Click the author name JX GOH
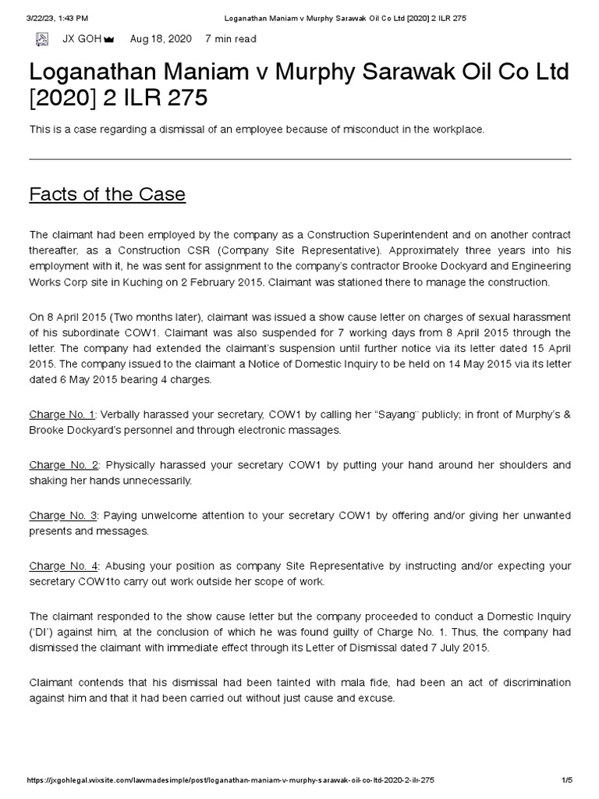point(76,38)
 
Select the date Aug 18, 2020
point(161,38)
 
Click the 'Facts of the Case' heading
point(107,194)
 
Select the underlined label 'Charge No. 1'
point(62,414)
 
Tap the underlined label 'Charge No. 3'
point(63,516)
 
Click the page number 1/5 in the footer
point(567,780)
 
